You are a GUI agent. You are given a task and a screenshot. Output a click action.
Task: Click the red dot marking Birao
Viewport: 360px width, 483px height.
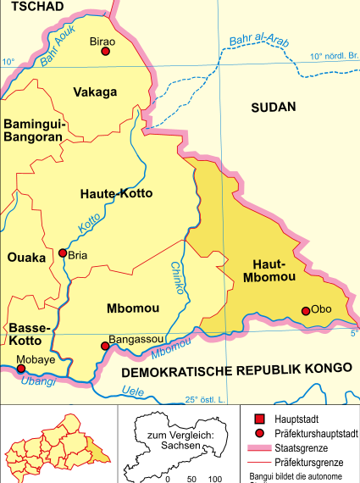[106, 52]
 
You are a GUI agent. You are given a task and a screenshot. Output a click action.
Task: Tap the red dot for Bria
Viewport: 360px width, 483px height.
[62, 253]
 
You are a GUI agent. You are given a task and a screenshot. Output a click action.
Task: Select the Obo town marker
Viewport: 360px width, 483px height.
[306, 311]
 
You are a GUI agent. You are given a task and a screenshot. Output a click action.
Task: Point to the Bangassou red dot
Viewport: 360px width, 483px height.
[105, 346]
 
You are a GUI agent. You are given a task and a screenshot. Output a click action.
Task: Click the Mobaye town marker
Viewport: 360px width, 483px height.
[21, 369]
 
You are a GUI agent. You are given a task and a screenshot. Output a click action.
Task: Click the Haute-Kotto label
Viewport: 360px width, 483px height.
[115, 194]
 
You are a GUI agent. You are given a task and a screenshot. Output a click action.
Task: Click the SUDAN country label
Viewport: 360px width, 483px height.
[274, 107]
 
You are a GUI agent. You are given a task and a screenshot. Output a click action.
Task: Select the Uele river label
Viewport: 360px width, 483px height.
[133, 391]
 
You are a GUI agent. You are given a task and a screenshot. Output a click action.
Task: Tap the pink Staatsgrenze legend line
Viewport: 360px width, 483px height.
[263, 447]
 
